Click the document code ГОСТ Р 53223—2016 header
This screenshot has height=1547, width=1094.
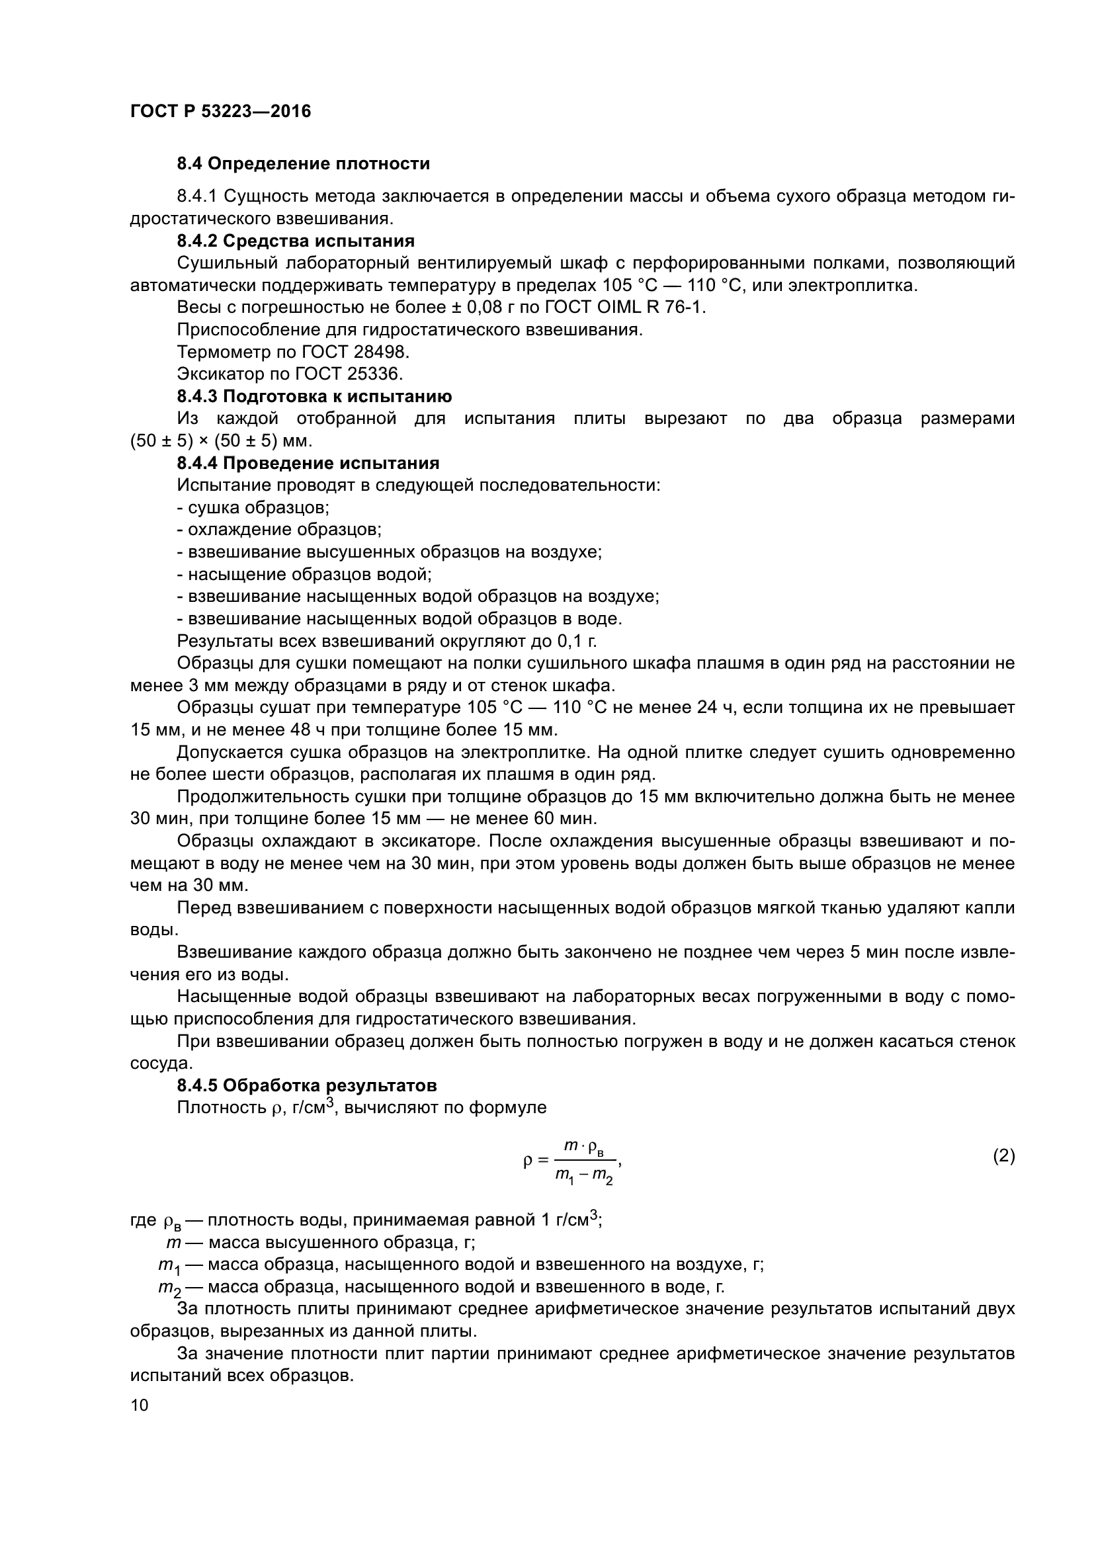click(x=220, y=111)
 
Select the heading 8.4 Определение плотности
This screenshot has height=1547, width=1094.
click(x=303, y=164)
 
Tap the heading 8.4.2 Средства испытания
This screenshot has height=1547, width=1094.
click(x=296, y=241)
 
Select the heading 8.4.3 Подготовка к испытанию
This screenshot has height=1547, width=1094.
click(x=315, y=396)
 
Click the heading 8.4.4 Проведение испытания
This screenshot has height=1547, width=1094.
click(x=308, y=463)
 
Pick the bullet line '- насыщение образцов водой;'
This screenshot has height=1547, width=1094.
click(x=304, y=574)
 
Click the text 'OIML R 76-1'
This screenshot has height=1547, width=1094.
click(x=652, y=308)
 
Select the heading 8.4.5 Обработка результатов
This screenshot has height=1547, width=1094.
click(x=306, y=1085)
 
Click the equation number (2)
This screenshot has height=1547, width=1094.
click(x=1003, y=1156)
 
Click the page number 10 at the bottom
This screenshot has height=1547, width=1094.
click(x=139, y=1405)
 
